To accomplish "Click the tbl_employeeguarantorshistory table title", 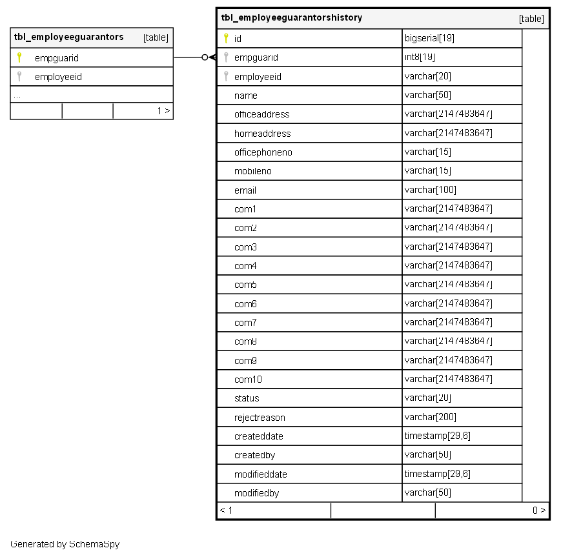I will click(291, 18).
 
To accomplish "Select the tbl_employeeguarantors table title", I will click(68, 37).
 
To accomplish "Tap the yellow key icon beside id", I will click(226, 38).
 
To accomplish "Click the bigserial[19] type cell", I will click(429, 38).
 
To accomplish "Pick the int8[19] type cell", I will click(420, 57).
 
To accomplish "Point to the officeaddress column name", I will click(261, 114).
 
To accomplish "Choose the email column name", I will click(245, 190).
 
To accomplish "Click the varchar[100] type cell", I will click(430, 190).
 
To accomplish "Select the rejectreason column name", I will click(260, 418).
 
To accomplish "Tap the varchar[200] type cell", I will click(430, 417).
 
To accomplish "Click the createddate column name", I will click(258, 436).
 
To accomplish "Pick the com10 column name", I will click(248, 380).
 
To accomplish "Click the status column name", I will click(247, 398).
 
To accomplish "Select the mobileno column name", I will click(252, 171).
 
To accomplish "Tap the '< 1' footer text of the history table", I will click(226, 511).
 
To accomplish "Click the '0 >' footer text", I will click(539, 511).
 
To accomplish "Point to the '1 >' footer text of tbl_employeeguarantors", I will click(163, 111).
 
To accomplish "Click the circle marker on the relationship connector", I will click(205, 57).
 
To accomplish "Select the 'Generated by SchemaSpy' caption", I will click(65, 544).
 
